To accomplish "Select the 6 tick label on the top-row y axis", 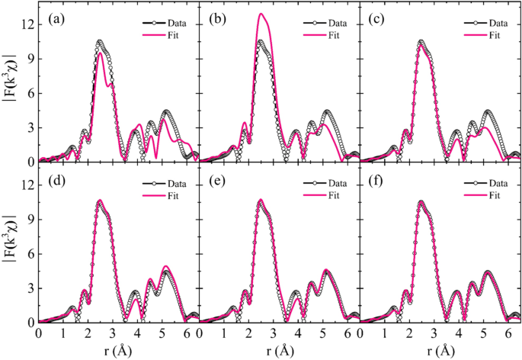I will click(x=30, y=93).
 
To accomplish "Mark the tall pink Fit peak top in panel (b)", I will click(x=261, y=14).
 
